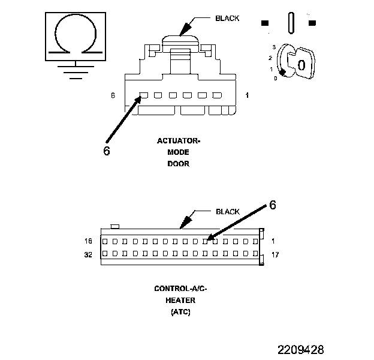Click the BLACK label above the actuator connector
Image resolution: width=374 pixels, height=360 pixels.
point(227,18)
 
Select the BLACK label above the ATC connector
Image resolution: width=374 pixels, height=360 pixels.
point(227,211)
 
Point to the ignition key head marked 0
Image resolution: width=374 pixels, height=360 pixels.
point(300,63)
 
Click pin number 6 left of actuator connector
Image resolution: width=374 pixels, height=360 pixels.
point(113,95)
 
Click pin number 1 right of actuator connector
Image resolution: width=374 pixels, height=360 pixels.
point(248,95)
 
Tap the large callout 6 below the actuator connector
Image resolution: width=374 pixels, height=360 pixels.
point(107,151)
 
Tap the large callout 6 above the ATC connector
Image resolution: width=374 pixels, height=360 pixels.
point(272,205)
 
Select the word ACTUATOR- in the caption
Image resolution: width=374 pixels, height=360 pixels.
point(179,141)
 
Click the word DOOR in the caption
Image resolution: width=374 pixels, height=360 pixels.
point(179,164)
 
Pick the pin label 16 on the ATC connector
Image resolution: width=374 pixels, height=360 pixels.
point(89,241)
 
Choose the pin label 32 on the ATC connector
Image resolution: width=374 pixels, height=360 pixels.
point(89,254)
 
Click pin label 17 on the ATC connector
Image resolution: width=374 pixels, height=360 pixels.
point(275,254)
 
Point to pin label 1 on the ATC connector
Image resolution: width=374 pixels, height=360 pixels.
point(273,241)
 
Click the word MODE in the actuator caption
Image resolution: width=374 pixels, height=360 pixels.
point(179,152)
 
